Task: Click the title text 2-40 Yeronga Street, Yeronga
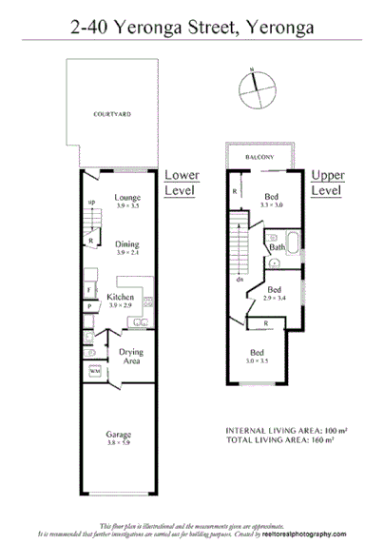point(191,29)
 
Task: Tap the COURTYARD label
point(111,113)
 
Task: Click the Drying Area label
point(131,357)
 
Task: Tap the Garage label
point(120,438)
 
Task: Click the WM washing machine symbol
point(95,369)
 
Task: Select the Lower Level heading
point(180,183)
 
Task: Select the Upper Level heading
point(328,183)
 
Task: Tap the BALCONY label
point(259,155)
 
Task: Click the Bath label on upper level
point(277,248)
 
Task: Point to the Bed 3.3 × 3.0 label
point(272,200)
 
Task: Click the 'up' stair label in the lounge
point(91,203)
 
